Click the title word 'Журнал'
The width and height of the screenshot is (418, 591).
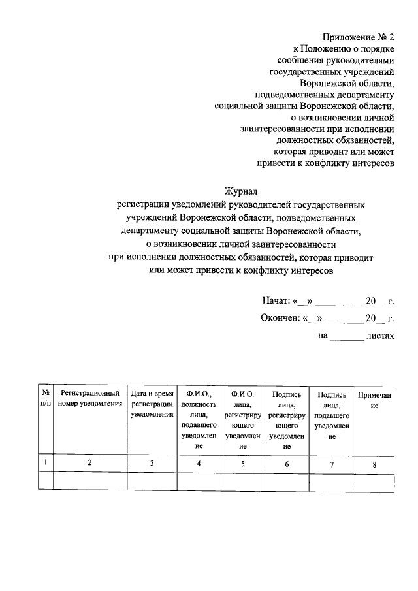coord(242,191)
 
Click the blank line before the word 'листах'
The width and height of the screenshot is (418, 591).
coord(346,336)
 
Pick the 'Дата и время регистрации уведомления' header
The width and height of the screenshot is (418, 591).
coord(152,405)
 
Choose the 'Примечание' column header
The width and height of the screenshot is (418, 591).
coord(374,400)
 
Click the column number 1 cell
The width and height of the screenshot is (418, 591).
coord(46,463)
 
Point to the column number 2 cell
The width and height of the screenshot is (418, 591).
coord(90,463)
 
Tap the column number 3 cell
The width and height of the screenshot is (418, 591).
coord(152,463)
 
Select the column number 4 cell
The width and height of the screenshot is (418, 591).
coord(199,463)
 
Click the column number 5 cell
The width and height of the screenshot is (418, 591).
coord(242,463)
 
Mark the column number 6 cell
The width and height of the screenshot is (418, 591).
coord(287,463)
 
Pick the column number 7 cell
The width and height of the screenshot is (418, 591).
coord(331,463)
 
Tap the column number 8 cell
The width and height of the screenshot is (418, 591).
coord(374,463)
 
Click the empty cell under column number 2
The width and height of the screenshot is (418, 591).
coord(90,481)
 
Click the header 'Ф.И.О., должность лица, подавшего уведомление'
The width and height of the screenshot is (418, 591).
coord(199,421)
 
